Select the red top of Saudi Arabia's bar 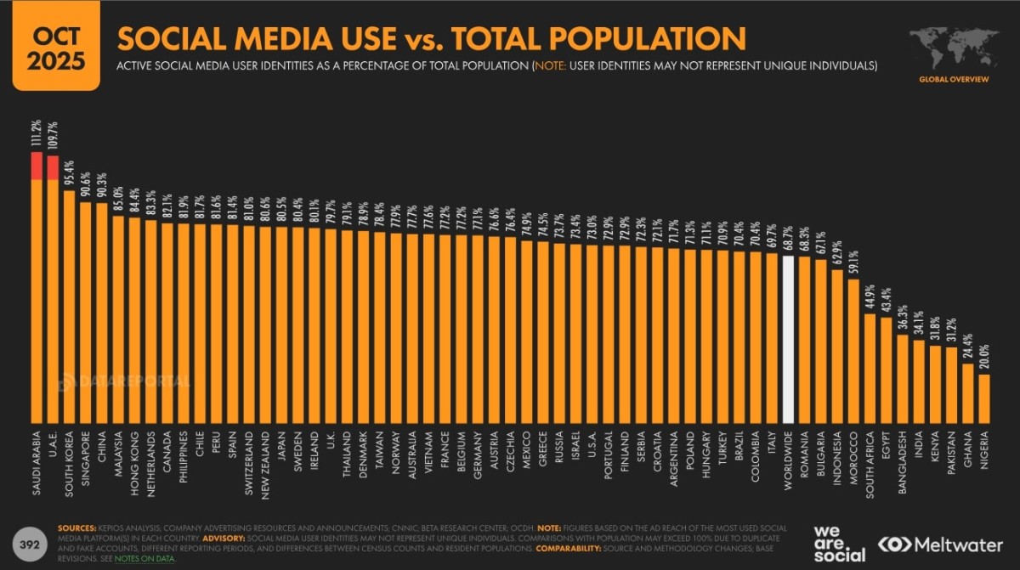pos(37,166)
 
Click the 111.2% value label pos(37,134)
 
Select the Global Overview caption pos(954,79)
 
